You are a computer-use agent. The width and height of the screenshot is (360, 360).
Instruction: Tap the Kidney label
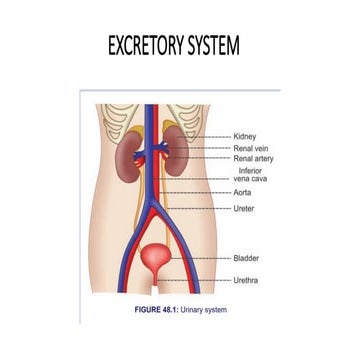point(245,135)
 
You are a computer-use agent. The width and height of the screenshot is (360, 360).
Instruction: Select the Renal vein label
point(250,147)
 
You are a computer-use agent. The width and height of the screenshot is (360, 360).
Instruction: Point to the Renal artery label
point(253,158)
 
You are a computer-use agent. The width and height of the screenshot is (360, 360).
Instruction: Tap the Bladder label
point(246,257)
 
